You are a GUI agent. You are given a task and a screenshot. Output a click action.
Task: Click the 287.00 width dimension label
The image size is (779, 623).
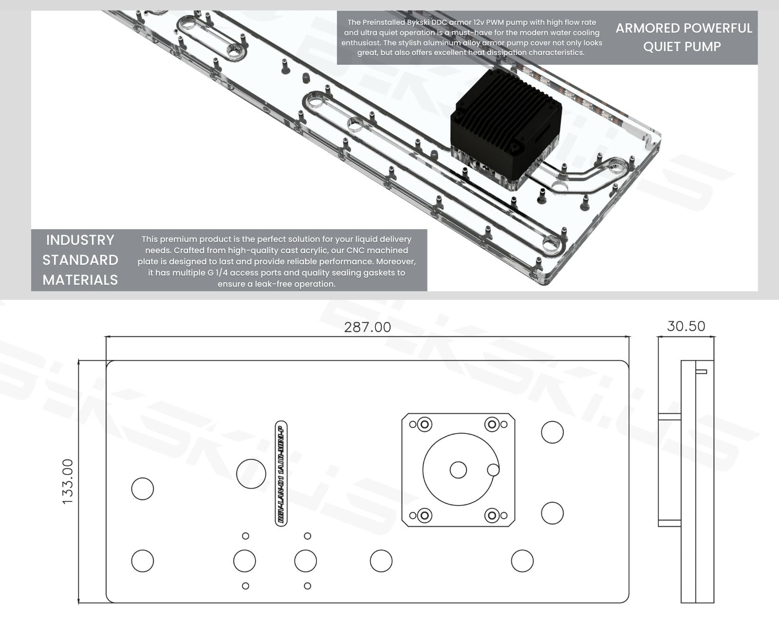[367, 327]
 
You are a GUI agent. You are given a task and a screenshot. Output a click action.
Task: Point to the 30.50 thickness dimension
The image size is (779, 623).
[686, 326]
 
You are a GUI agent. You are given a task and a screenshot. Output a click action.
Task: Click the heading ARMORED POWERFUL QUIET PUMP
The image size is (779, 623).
[684, 37]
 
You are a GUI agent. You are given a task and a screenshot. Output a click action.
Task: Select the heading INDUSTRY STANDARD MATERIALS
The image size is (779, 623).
[80, 260]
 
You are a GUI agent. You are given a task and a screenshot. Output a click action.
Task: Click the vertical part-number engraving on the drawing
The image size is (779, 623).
[281, 473]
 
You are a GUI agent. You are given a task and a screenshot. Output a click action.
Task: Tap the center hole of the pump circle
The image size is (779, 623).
[458, 470]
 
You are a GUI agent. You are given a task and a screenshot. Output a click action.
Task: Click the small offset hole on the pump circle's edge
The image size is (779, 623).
[493, 470]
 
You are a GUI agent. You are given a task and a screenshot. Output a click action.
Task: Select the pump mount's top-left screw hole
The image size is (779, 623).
[425, 424]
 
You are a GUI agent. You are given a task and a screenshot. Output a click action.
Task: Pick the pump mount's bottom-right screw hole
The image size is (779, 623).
[492, 515]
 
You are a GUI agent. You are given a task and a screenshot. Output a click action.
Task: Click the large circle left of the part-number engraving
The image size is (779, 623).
[251, 474]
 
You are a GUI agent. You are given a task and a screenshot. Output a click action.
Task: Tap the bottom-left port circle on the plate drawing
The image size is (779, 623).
[143, 561]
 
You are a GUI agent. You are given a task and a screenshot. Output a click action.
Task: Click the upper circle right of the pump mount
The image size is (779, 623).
[552, 432]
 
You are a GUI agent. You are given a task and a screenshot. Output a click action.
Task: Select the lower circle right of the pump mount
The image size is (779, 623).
[552, 513]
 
